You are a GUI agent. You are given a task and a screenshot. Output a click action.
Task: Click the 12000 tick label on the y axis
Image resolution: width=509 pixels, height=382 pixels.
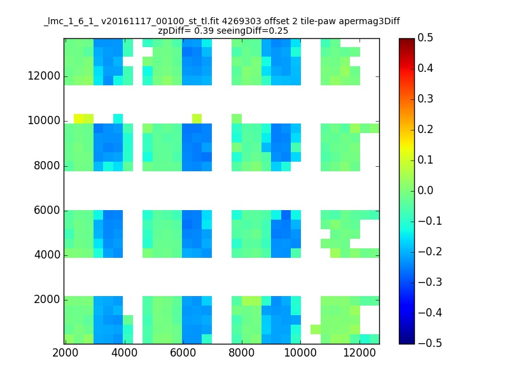[x=45, y=76]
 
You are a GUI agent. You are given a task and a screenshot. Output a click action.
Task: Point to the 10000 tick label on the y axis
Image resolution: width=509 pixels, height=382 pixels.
[x=45, y=121]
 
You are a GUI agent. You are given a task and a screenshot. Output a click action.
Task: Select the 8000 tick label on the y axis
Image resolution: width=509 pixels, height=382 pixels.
[x=47, y=166]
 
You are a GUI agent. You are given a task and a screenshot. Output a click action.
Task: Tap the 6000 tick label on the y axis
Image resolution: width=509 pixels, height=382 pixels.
[x=47, y=210]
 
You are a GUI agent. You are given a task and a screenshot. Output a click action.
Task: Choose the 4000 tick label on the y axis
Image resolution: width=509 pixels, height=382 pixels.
[x=47, y=255]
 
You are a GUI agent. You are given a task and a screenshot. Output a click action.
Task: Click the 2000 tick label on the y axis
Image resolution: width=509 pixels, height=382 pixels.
[x=47, y=299]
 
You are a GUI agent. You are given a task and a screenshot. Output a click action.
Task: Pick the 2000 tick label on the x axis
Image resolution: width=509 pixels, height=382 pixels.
[x=66, y=355]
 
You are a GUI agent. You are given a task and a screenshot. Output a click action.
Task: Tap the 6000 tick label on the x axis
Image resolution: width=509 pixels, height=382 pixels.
[x=183, y=355]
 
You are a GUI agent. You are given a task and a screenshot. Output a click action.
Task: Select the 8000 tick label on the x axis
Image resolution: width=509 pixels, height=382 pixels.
[x=242, y=355]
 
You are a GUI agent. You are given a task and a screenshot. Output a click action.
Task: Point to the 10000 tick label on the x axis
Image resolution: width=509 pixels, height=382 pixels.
[x=300, y=355]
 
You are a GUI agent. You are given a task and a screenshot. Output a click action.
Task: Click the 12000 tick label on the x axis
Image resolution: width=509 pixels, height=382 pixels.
[x=359, y=355]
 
